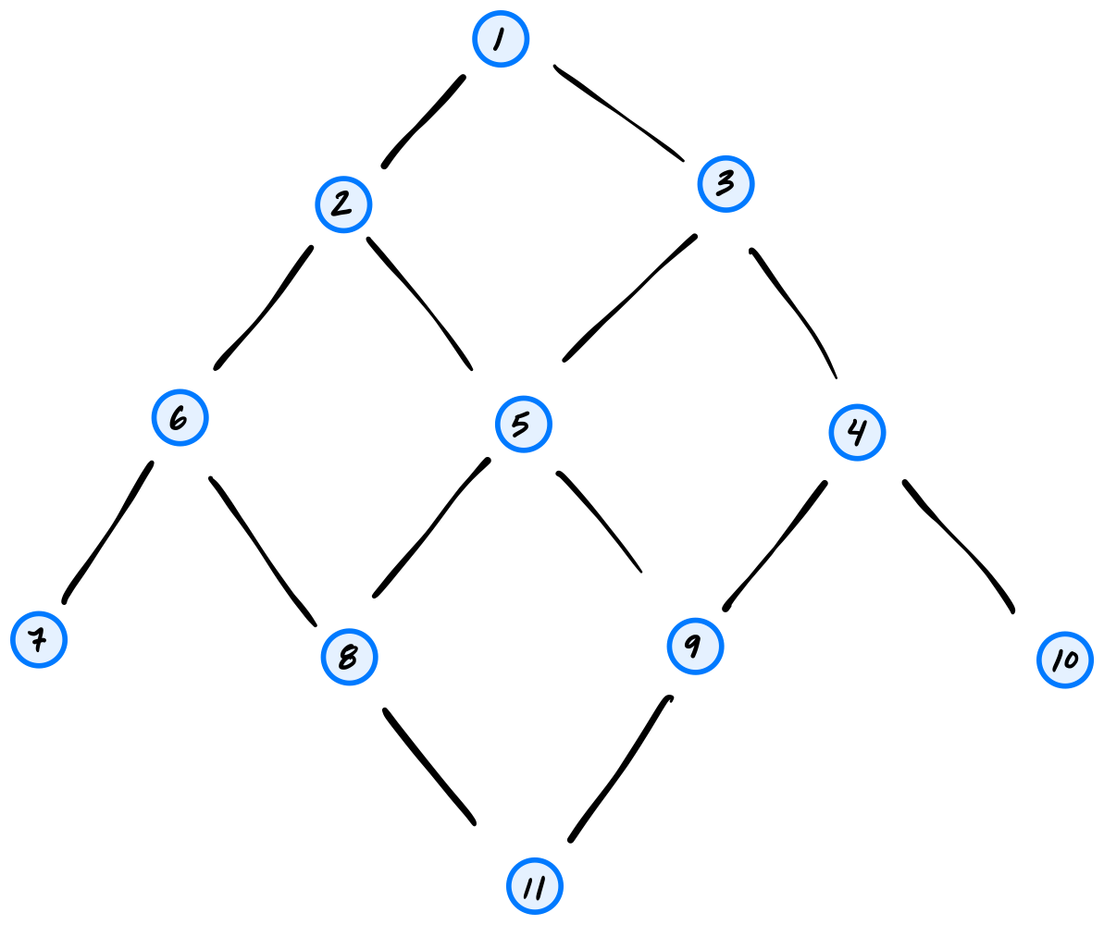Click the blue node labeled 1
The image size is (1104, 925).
pos(501,39)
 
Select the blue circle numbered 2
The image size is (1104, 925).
pos(343,204)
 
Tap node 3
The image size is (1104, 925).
pos(726,184)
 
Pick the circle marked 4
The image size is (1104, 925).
pos(857,432)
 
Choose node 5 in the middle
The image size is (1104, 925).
pos(523,425)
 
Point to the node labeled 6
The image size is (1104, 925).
pos(180,417)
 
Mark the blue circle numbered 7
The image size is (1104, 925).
pos(39,639)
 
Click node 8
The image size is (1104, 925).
pos(349,657)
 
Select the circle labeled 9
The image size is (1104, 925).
pos(695,646)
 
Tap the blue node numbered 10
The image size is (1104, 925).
pos(1064,660)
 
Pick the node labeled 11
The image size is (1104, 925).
pos(534,886)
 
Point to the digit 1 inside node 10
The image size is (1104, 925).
pos(1056,660)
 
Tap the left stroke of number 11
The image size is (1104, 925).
pos(528,887)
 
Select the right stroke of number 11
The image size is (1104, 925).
pos(540,887)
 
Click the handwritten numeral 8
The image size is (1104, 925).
pos(349,657)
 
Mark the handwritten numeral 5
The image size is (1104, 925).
pos(521,425)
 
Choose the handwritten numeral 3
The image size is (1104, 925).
pos(726,183)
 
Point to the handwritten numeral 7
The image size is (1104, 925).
pos(38,639)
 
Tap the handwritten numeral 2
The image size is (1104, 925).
pos(342,204)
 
